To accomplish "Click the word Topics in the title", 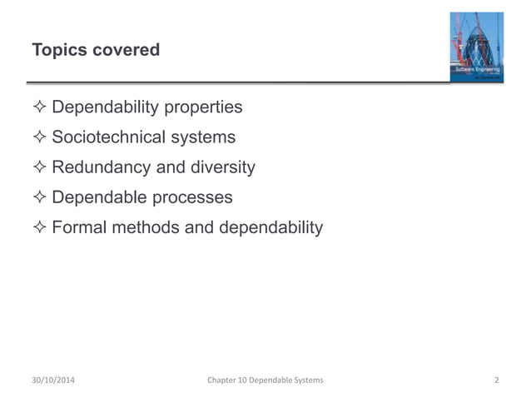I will [x=59, y=51].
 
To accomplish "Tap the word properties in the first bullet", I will [x=202, y=108].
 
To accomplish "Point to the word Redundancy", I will [x=102, y=167].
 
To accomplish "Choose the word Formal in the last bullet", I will [x=79, y=227].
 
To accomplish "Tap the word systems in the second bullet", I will [x=206, y=138].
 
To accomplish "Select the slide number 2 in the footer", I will [x=496, y=381].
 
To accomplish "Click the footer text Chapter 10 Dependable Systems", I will [x=265, y=381].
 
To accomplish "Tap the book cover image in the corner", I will [x=476, y=47].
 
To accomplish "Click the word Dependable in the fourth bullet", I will [x=98, y=197].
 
